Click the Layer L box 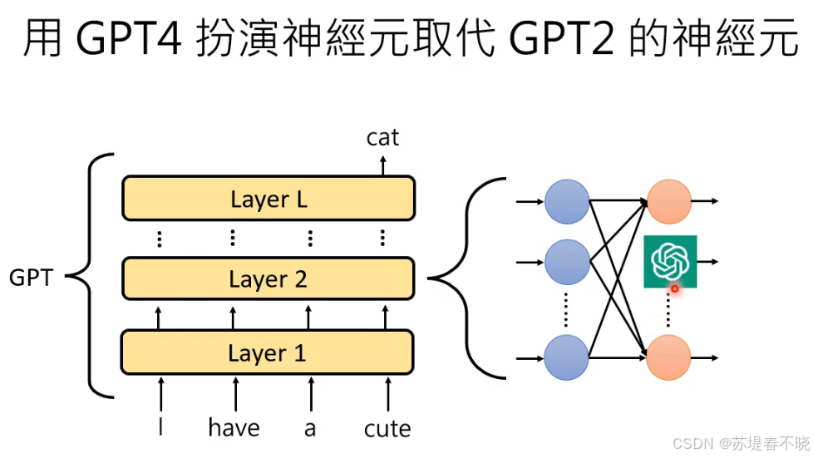[x=268, y=199]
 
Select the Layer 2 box [x=268, y=279]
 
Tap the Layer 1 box [x=268, y=352]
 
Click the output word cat [x=382, y=137]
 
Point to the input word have [x=234, y=428]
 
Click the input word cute [x=387, y=429]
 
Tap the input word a [x=310, y=429]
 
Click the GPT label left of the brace [x=31, y=278]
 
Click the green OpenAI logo [x=671, y=261]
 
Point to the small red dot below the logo [x=675, y=289]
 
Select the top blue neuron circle [x=566, y=201]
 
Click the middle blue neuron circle [x=566, y=261]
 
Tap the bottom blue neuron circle [x=566, y=358]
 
